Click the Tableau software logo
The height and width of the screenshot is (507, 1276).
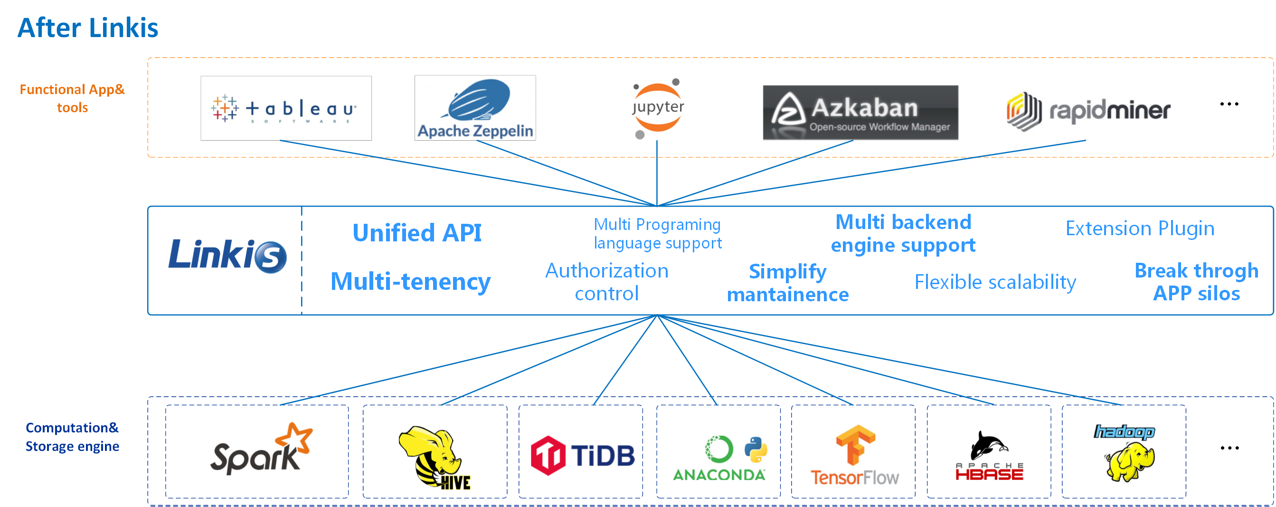[x=285, y=108]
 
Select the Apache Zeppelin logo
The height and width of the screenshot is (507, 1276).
[x=474, y=108]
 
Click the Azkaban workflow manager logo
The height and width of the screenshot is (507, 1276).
[x=860, y=113]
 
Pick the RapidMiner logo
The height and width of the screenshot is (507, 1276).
[x=1088, y=111]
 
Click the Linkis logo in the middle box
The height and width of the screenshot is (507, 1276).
[x=227, y=256]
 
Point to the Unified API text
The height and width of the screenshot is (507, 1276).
[x=416, y=233]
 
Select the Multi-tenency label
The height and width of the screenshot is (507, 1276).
[x=410, y=281]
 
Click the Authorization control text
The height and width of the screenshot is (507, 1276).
[x=606, y=282]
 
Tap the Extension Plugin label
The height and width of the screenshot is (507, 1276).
[x=1139, y=229]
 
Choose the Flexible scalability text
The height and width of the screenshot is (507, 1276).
[x=995, y=282]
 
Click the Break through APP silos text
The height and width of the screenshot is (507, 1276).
[x=1196, y=282]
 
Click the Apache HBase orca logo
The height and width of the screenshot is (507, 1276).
[x=989, y=456]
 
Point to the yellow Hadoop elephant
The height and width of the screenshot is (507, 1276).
[x=1130, y=462]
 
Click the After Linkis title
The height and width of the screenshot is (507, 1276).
[x=88, y=28]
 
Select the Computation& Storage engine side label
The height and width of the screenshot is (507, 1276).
[x=72, y=437]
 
